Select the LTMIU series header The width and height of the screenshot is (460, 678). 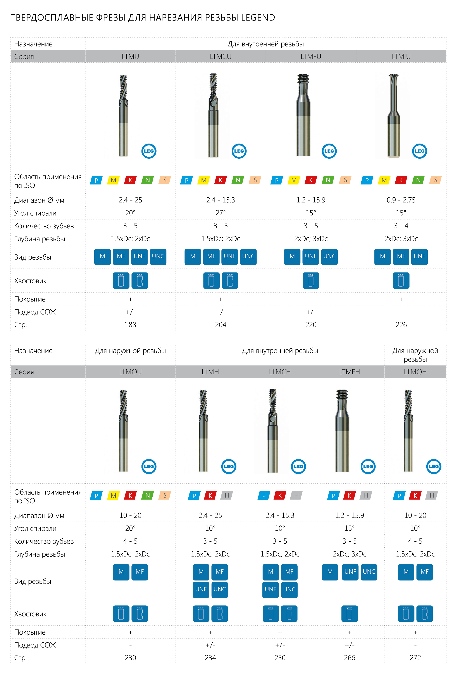coord(401,56)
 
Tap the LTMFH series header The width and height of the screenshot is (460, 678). coord(349,372)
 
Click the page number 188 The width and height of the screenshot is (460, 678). coord(131,325)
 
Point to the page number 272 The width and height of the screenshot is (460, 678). coord(415,658)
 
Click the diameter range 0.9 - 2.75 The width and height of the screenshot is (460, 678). coord(401,200)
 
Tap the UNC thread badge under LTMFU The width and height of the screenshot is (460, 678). coord(329,257)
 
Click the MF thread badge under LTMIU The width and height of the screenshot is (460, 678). coord(401,257)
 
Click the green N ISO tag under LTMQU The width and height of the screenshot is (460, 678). coord(148,495)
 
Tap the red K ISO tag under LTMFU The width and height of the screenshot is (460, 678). coord(311,180)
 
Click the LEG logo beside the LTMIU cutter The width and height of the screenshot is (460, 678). coord(419,151)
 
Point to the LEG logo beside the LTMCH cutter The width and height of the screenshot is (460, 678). coord(298,466)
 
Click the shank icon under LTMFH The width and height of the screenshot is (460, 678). coord(349,613)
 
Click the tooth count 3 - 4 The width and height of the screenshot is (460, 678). coord(401,226)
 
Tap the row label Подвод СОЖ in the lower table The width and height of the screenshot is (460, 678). coord(35,645)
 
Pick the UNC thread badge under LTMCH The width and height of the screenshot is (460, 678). coord(289,589)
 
